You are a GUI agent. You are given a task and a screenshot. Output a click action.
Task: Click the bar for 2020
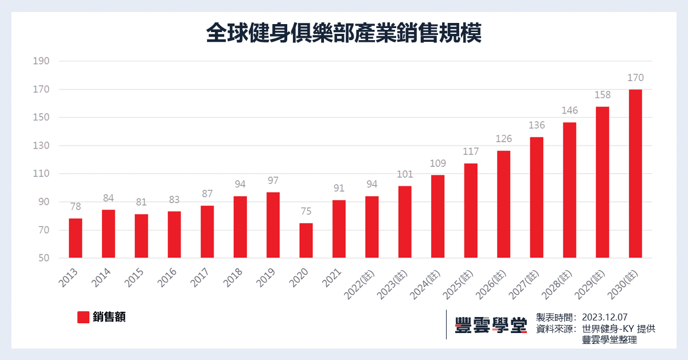pyautogui.click(x=306, y=241)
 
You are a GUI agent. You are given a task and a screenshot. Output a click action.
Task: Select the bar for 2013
pyautogui.click(x=75, y=238)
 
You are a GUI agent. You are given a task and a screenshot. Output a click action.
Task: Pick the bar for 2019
pyautogui.click(x=273, y=225)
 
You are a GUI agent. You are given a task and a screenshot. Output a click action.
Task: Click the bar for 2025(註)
pyautogui.click(x=471, y=211)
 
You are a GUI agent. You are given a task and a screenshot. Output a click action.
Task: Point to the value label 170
pyautogui.click(x=635, y=78)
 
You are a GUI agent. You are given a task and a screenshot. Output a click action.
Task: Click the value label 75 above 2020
pyautogui.click(x=306, y=211)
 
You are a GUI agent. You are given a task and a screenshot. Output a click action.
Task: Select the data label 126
pyautogui.click(x=503, y=139)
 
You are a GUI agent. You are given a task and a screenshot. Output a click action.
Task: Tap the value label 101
pyautogui.click(x=405, y=174)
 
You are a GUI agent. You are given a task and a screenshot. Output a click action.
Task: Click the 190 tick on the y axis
pyautogui.click(x=43, y=61)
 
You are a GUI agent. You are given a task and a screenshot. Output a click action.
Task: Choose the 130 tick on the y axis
pyautogui.click(x=43, y=146)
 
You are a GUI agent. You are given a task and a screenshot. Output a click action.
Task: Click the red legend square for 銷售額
pyautogui.click(x=83, y=317)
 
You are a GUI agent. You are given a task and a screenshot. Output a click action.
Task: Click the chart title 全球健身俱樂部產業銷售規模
pyautogui.click(x=343, y=33)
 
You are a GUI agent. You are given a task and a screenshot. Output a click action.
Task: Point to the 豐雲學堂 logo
pyautogui.click(x=490, y=324)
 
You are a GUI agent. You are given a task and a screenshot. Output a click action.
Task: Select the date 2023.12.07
pyautogui.click(x=605, y=317)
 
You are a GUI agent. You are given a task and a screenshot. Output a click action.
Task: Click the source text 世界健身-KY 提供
pyautogui.click(x=618, y=328)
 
